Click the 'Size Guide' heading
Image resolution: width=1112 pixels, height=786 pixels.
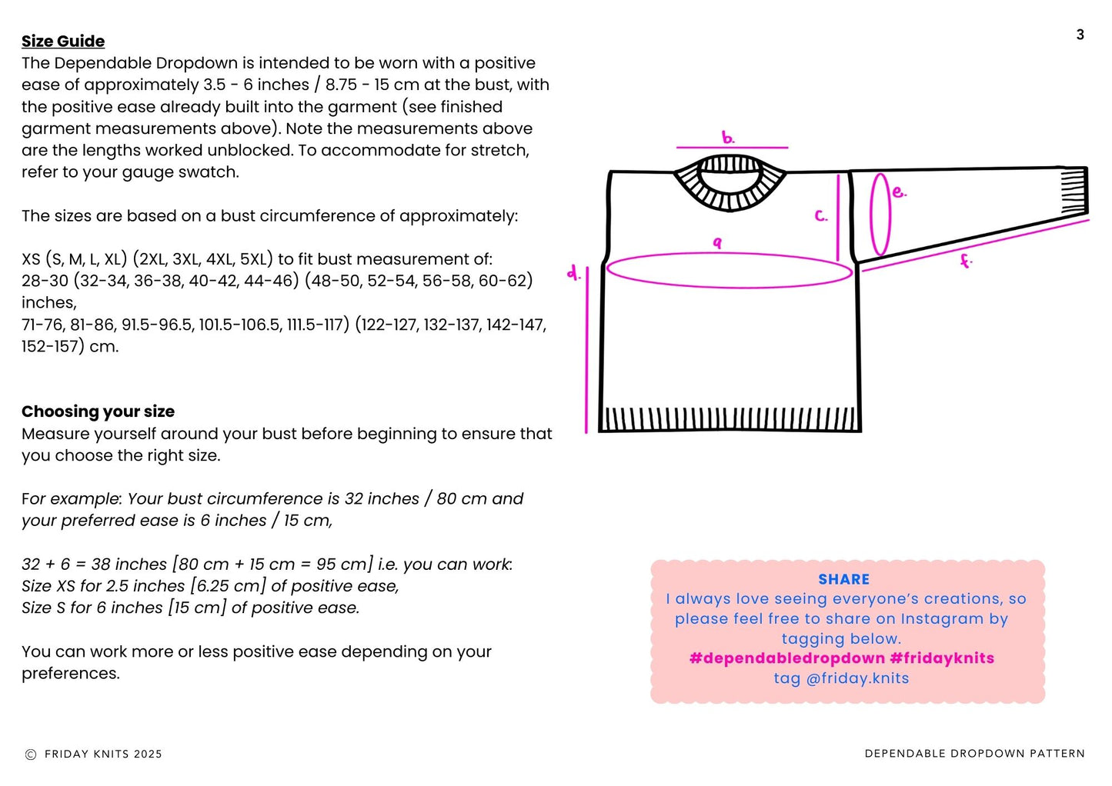click(x=63, y=42)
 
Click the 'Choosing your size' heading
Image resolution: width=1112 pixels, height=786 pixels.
click(x=98, y=411)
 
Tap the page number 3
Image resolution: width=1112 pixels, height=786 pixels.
click(x=1080, y=35)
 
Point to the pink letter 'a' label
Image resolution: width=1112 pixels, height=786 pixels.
click(x=717, y=243)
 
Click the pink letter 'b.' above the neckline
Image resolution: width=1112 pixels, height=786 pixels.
click(x=728, y=138)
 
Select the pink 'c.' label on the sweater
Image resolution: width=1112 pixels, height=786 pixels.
click(x=821, y=216)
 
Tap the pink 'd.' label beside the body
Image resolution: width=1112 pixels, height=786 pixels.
click(x=573, y=272)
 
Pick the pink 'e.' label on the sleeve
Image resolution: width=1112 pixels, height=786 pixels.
click(x=899, y=192)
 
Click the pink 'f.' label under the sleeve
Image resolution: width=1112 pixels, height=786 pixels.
click(x=965, y=261)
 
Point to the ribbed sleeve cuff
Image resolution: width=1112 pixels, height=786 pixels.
click(x=1074, y=192)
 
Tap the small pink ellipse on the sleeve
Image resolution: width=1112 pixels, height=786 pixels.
click(x=880, y=215)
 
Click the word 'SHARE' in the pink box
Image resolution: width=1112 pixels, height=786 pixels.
click(x=843, y=580)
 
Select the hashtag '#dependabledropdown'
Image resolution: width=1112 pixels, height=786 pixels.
click(x=786, y=658)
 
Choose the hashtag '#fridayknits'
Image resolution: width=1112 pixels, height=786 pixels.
click(x=942, y=658)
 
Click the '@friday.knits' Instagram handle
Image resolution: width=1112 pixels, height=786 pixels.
click(x=857, y=678)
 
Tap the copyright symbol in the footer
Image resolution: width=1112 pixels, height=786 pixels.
click(x=31, y=754)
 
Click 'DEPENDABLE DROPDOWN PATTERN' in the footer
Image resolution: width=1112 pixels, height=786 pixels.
click(x=974, y=754)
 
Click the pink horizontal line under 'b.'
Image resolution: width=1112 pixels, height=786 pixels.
click(x=732, y=147)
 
